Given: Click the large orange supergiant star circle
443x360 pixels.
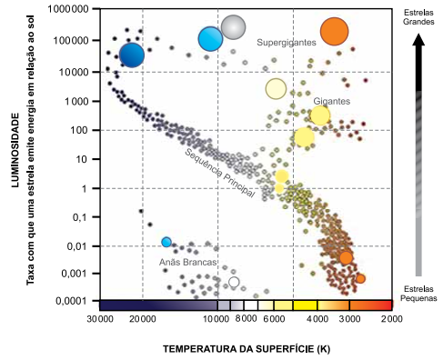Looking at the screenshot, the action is pos(334,32).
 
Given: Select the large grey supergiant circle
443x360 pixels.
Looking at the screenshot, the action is pos(233,27).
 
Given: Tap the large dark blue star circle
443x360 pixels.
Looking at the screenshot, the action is pos(132,55).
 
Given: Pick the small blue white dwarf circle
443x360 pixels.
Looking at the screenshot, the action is pos(166,242).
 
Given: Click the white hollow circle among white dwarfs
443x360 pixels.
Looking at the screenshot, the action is pos(234,282).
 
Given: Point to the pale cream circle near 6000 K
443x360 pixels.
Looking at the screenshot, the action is pos(276,89).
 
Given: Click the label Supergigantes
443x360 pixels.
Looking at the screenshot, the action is pos(287,43).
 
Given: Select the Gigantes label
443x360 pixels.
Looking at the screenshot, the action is pos(332,101).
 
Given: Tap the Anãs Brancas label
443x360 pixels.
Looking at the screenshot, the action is pos(188,262).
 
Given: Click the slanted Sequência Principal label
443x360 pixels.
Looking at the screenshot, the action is pos(220,173).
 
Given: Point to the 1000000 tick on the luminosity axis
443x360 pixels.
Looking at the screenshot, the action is pos(68,9).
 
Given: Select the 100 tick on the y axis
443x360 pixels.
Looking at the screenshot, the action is pos(78,130).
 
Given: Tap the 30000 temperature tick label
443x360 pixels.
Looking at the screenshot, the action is pos(100,319).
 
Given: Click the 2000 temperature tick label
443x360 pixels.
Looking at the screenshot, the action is pos(392,319).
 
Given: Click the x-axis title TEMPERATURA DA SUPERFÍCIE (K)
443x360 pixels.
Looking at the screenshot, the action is pos(247,349).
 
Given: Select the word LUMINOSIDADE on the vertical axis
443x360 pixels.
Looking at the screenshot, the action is pos(15,150).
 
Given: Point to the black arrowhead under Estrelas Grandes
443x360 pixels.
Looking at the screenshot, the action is pos(418,39).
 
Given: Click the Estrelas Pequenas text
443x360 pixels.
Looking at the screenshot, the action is pos(418,294).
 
